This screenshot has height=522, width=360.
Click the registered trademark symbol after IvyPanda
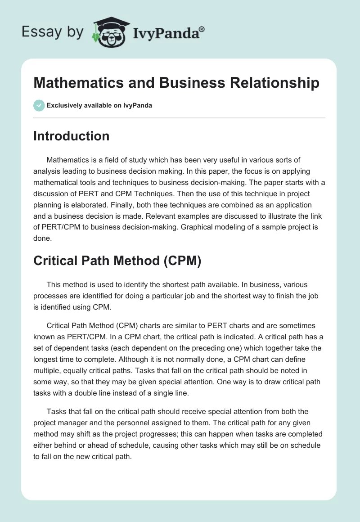[x=202, y=29]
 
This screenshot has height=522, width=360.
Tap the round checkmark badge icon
[x=39, y=105]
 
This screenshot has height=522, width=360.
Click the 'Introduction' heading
[x=71, y=136]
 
